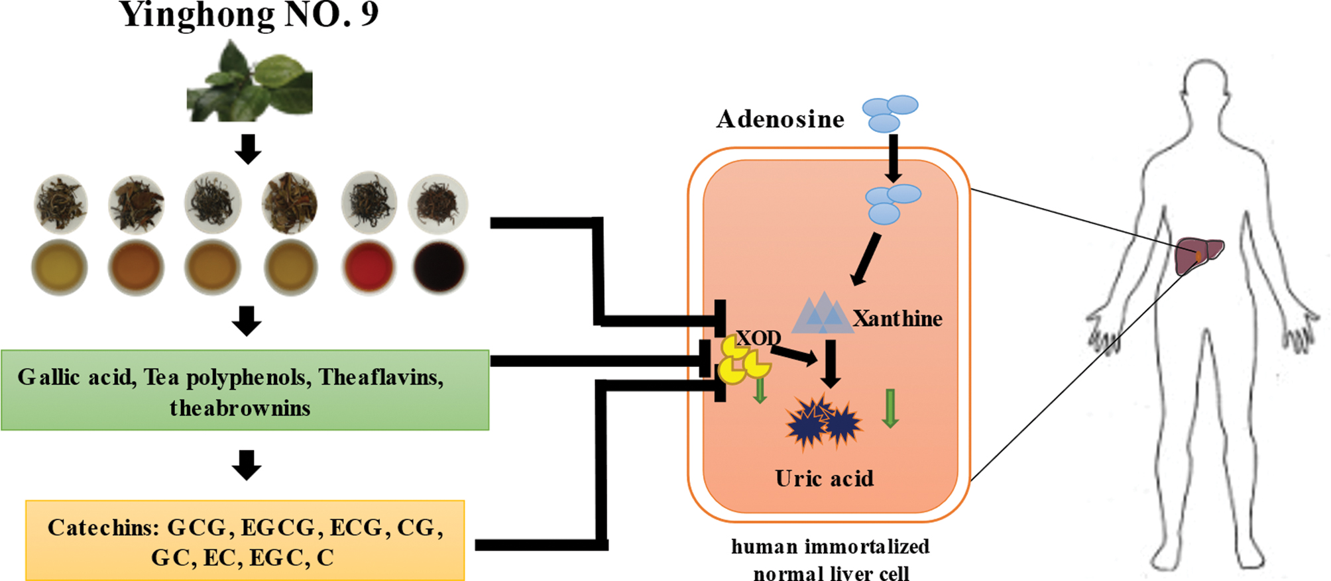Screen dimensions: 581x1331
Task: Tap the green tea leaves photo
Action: point(250,82)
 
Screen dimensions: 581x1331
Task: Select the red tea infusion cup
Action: point(369,266)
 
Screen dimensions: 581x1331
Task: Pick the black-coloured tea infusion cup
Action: point(439,266)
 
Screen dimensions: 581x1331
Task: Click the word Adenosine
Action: point(780,119)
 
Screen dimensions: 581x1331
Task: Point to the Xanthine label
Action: point(897,319)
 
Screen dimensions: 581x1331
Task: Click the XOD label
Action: point(758,339)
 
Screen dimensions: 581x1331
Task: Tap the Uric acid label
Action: point(824,478)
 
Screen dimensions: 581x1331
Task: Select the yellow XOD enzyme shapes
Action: point(742,362)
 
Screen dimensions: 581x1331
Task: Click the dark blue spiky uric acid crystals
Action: point(823,422)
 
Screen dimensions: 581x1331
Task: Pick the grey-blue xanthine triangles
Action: point(822,313)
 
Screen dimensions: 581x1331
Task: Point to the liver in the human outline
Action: point(1198,256)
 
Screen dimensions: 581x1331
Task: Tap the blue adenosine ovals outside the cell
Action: point(890,113)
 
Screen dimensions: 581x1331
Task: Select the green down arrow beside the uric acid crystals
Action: point(890,408)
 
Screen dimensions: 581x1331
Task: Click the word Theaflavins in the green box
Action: point(380,377)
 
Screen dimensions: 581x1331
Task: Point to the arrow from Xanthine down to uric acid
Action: point(831,364)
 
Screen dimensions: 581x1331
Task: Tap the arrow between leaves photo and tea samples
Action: point(248,149)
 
